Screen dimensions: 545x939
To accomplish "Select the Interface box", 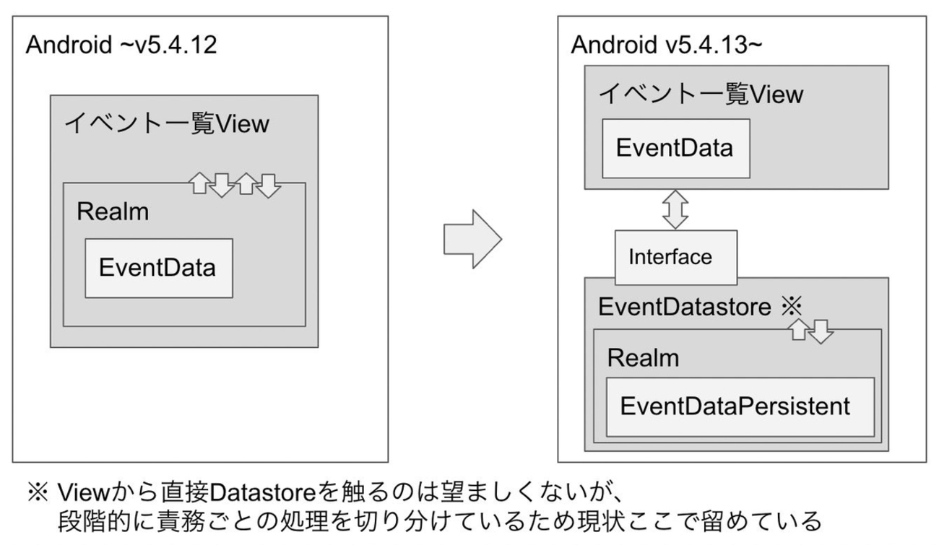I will point(675,257).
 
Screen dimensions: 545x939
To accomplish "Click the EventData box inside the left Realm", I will point(158,268).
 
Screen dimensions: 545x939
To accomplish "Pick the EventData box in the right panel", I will point(675,148).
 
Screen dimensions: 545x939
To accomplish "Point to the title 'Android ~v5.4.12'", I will point(121,45).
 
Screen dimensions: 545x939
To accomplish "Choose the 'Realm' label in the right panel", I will point(644,357).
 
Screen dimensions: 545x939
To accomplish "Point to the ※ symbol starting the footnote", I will point(37,493).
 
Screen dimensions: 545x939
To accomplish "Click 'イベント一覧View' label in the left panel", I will point(167,123).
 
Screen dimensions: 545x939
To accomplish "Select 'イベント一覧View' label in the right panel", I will point(701,94).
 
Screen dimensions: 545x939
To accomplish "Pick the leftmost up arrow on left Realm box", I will point(199,184).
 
